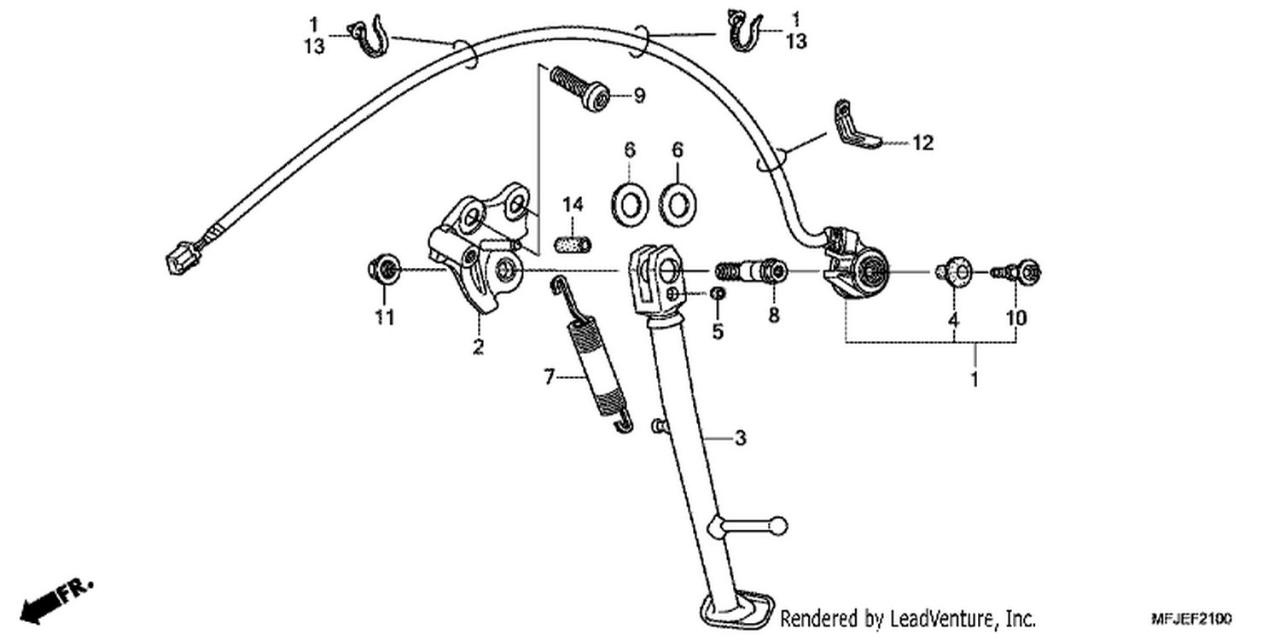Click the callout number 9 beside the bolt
click(639, 96)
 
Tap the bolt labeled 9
click(579, 89)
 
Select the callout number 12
click(922, 143)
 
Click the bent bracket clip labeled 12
click(856, 127)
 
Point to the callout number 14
click(573, 204)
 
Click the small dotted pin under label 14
click(573, 245)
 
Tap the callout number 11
click(385, 317)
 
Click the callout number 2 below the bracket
click(478, 346)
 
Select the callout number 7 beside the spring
click(550, 377)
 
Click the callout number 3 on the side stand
click(741, 439)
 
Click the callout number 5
click(718, 331)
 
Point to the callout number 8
click(774, 315)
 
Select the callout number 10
click(1016, 318)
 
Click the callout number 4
click(953, 319)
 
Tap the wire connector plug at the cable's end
click(181, 258)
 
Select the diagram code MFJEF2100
click(1192, 619)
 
